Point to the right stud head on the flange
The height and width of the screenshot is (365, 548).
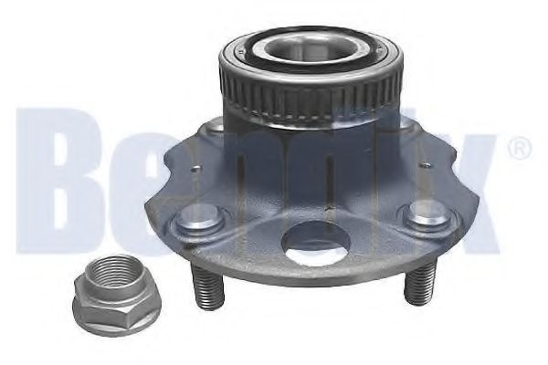[x=423, y=217]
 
